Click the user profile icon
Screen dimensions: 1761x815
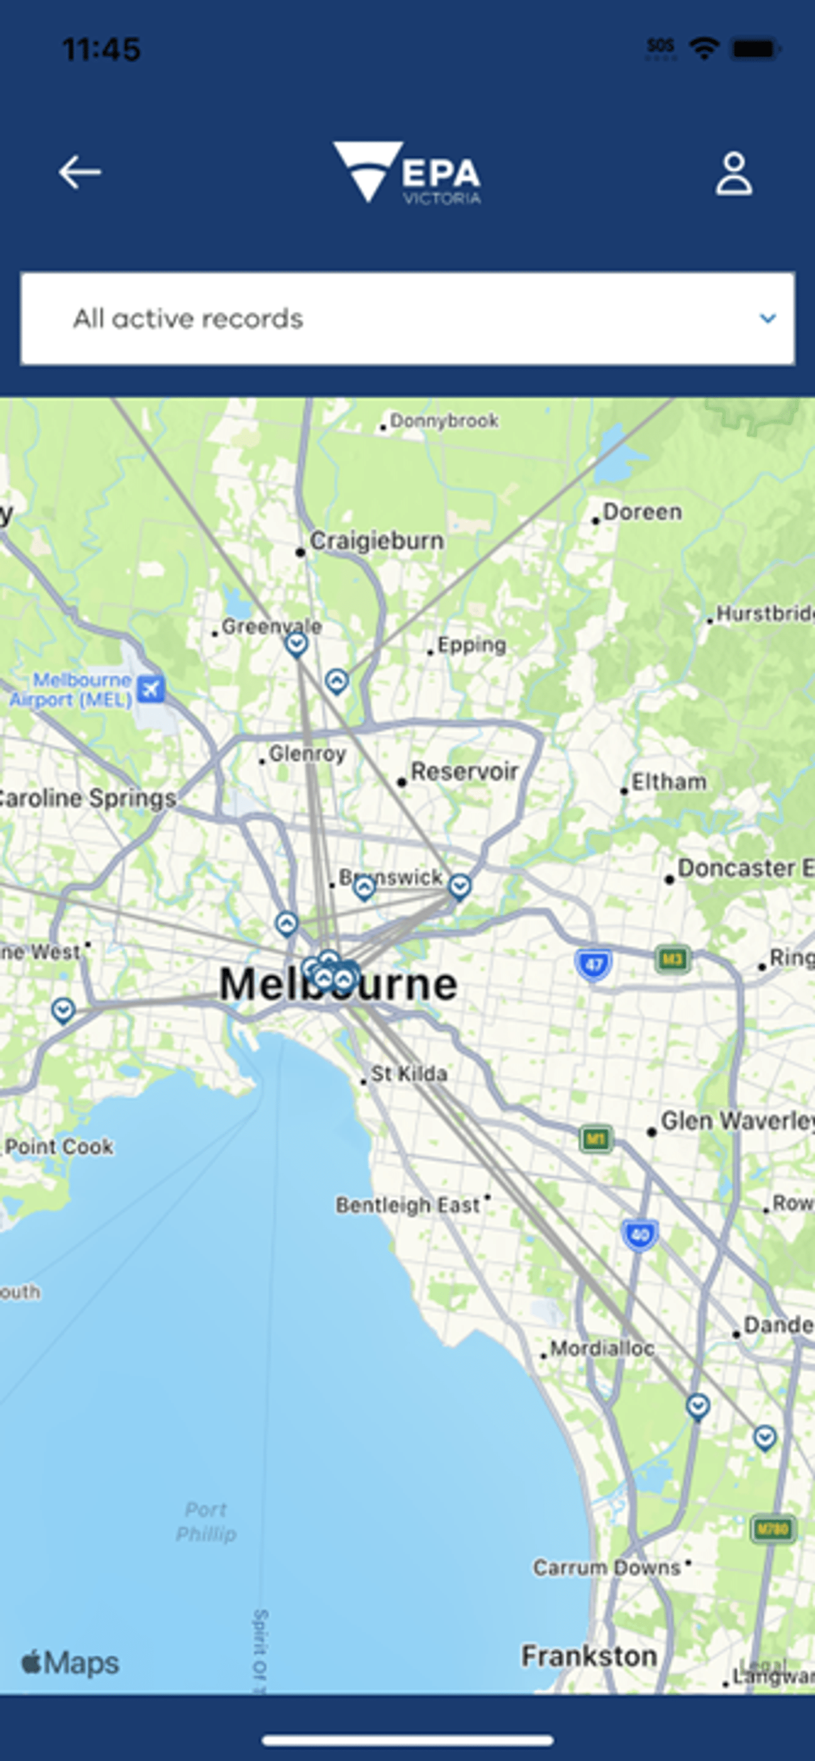tap(733, 174)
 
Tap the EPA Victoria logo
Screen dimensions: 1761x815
tap(407, 173)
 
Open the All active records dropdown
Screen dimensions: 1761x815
tap(407, 318)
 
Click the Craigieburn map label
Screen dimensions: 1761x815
tap(377, 541)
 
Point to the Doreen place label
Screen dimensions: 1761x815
tap(642, 512)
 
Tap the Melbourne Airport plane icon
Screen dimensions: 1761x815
tap(151, 689)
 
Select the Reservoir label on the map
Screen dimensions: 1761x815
tap(464, 772)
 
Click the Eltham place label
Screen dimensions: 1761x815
tap(668, 782)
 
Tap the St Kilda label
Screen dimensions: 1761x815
tap(409, 1074)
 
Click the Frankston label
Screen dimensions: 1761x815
tap(589, 1656)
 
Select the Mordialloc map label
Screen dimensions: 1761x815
tap(602, 1349)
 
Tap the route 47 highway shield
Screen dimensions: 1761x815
tap(594, 965)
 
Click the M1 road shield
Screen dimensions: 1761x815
tap(595, 1138)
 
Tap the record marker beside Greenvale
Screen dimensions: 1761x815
tap(296, 643)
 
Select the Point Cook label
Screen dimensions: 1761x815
tap(59, 1147)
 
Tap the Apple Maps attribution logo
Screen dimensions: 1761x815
tap(70, 1663)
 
